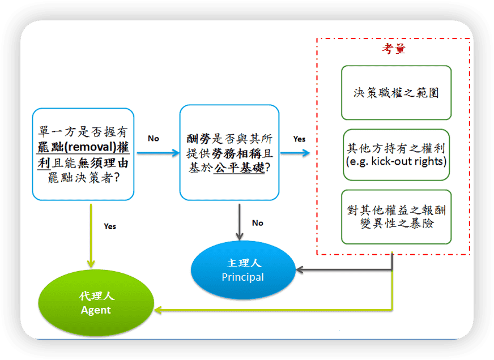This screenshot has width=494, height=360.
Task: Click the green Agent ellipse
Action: pyautogui.click(x=96, y=303)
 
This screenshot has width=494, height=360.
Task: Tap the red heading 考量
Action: pyautogui.click(x=393, y=49)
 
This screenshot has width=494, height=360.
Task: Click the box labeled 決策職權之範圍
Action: pyautogui.click(x=396, y=92)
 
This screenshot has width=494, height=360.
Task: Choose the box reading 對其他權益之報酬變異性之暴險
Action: pyautogui.click(x=396, y=216)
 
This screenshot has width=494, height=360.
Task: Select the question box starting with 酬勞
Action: pyautogui.click(x=229, y=153)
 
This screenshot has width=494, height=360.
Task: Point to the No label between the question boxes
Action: pyautogui.click(x=154, y=138)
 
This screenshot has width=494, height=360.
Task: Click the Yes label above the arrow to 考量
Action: pyautogui.click(x=299, y=139)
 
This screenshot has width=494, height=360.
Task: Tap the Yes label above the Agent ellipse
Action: pyautogui.click(x=110, y=226)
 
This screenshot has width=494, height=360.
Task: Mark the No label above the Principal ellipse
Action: pyautogui.click(x=258, y=223)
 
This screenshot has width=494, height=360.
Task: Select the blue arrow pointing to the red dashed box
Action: pyautogui.click(x=295, y=153)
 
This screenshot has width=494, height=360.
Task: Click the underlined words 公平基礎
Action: pyautogui.click(x=239, y=168)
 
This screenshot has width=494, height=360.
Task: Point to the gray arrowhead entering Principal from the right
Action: pyautogui.click(x=301, y=270)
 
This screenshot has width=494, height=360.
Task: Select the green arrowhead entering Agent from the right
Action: pyautogui.click(x=159, y=310)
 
